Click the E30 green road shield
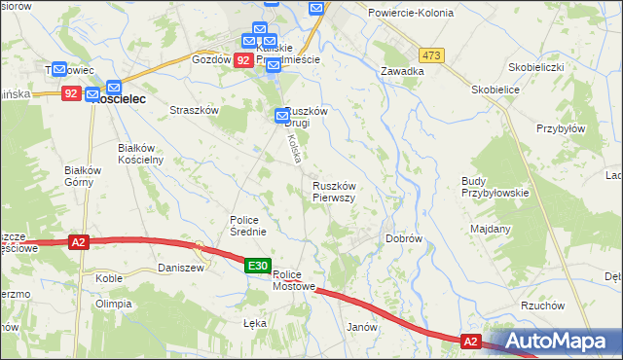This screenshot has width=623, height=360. pos(257,266)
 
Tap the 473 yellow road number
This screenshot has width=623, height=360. pos(432,55)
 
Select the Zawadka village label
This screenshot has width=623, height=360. pos(402,71)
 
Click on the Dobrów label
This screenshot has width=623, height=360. pos(403,237)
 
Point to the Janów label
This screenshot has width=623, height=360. pos(362,328)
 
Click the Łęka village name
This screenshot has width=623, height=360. pos(253,323)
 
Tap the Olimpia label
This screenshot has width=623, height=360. pos(113,304)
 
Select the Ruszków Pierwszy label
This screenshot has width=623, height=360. pos(334,192)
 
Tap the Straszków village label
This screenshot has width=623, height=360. pos(194,111)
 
